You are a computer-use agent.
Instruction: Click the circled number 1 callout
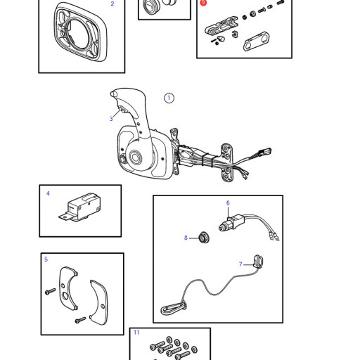[169, 98]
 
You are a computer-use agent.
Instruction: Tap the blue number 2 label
[112, 4]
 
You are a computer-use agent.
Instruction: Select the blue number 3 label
[111, 119]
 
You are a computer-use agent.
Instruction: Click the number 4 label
[48, 193]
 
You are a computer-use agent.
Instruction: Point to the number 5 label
[46, 259]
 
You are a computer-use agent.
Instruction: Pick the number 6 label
[228, 202]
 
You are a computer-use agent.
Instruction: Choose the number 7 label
[240, 264]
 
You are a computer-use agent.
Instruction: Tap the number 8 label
[186, 238]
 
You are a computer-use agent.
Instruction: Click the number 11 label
[136, 333]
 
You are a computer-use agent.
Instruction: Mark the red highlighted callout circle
[203, 3]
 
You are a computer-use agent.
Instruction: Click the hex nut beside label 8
[203, 238]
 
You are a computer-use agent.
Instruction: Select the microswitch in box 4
[79, 207]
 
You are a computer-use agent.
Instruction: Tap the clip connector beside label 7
[258, 262]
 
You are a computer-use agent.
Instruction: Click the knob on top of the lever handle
[113, 94]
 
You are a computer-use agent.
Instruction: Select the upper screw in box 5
[50, 291]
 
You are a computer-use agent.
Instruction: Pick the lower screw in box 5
[81, 320]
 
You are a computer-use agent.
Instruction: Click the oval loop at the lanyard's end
[174, 309]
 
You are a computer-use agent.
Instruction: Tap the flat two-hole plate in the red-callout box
[256, 41]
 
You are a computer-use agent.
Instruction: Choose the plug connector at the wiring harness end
[265, 152]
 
